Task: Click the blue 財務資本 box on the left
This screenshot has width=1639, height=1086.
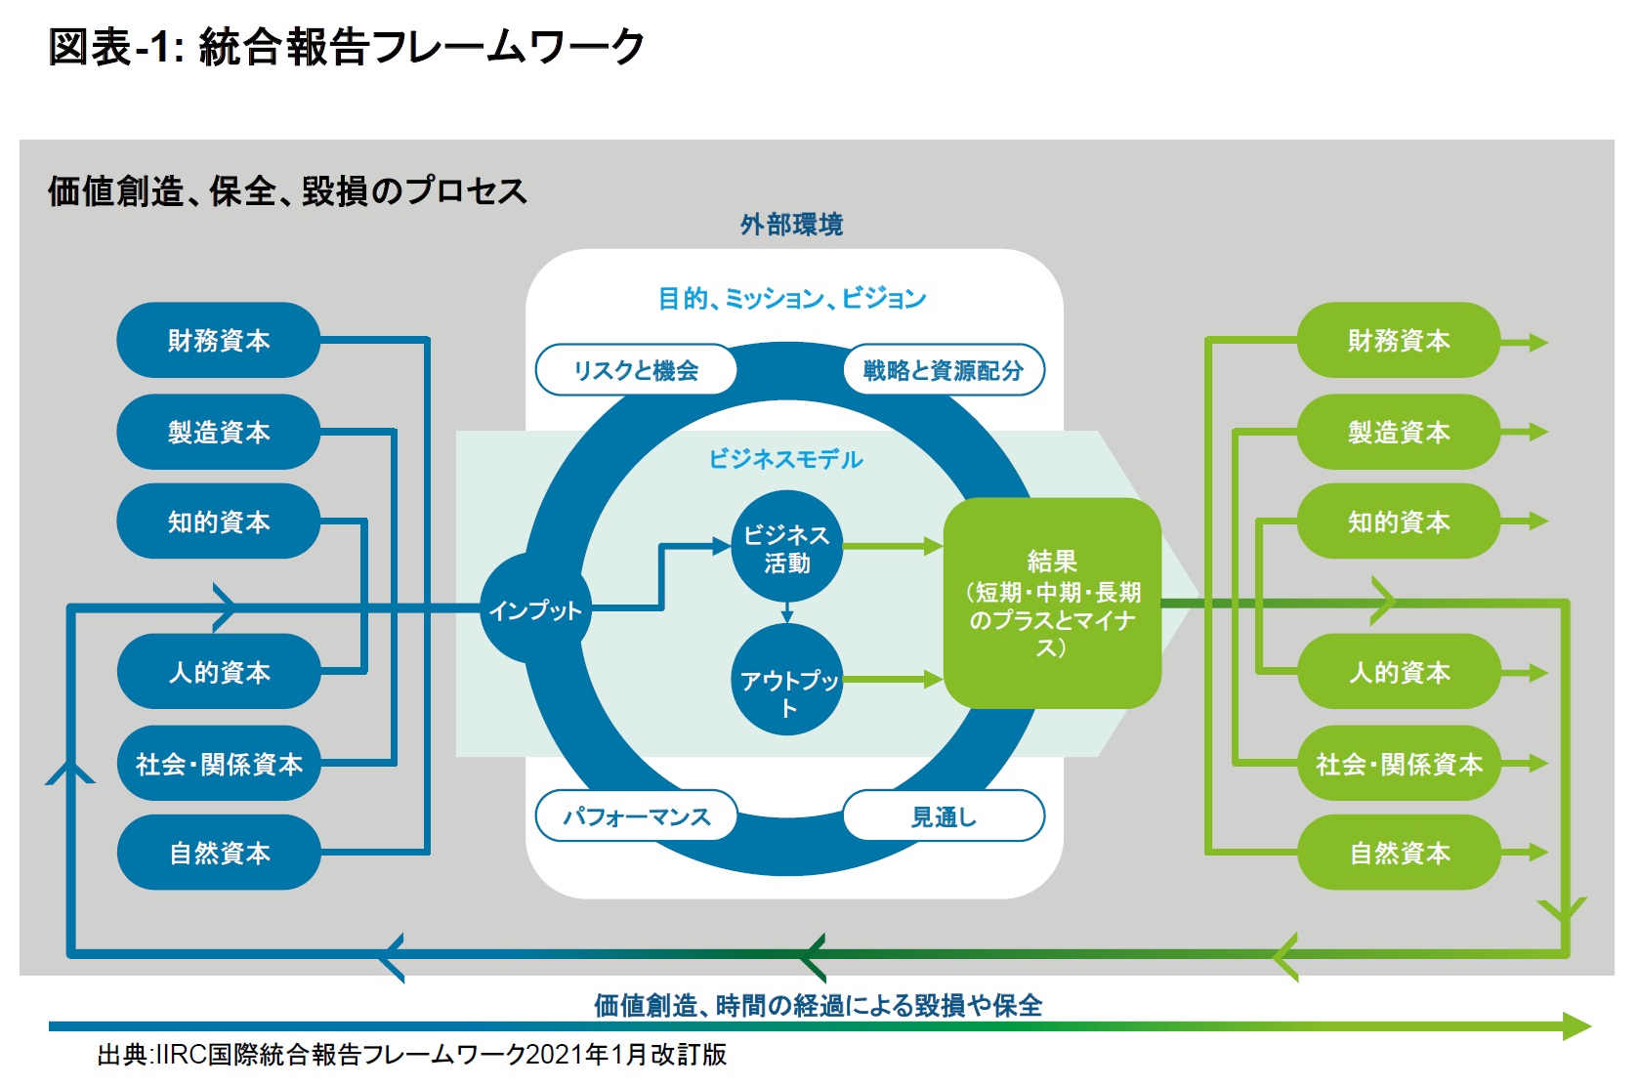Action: click(219, 340)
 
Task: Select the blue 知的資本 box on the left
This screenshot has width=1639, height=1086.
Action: click(219, 522)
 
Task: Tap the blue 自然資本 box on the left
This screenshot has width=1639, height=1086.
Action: click(219, 853)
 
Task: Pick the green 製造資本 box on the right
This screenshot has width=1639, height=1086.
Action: click(1399, 432)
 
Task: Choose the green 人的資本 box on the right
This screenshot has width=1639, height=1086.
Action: click(1399, 672)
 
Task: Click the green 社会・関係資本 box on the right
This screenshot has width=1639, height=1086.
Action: click(1399, 764)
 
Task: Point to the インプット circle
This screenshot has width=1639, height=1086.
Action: click(534, 610)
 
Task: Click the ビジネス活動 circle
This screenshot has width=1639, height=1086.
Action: click(786, 548)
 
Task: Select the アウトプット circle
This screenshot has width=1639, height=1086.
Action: click(787, 681)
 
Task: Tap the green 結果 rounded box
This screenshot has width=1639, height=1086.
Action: click(1052, 603)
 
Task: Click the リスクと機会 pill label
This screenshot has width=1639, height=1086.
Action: click(636, 370)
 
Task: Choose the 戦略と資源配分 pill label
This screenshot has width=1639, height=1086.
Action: click(944, 370)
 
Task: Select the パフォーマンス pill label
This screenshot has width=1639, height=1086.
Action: click(636, 816)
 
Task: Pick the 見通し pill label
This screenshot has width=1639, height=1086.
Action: click(944, 816)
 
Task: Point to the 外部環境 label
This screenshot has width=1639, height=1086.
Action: click(791, 225)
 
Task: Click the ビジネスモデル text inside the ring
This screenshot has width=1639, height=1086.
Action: click(785, 459)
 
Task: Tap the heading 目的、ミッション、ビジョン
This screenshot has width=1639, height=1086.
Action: click(791, 298)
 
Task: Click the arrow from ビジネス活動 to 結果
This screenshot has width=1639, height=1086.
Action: click(891, 546)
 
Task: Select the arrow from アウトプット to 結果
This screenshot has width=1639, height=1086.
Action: click(891, 679)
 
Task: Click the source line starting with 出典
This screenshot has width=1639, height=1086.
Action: click(411, 1055)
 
